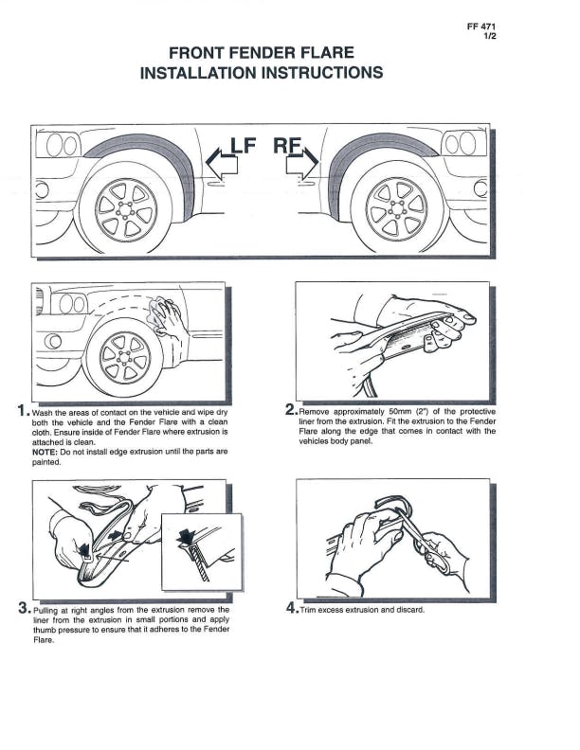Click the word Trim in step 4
[x=311, y=610]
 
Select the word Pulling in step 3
[x=48, y=611]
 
